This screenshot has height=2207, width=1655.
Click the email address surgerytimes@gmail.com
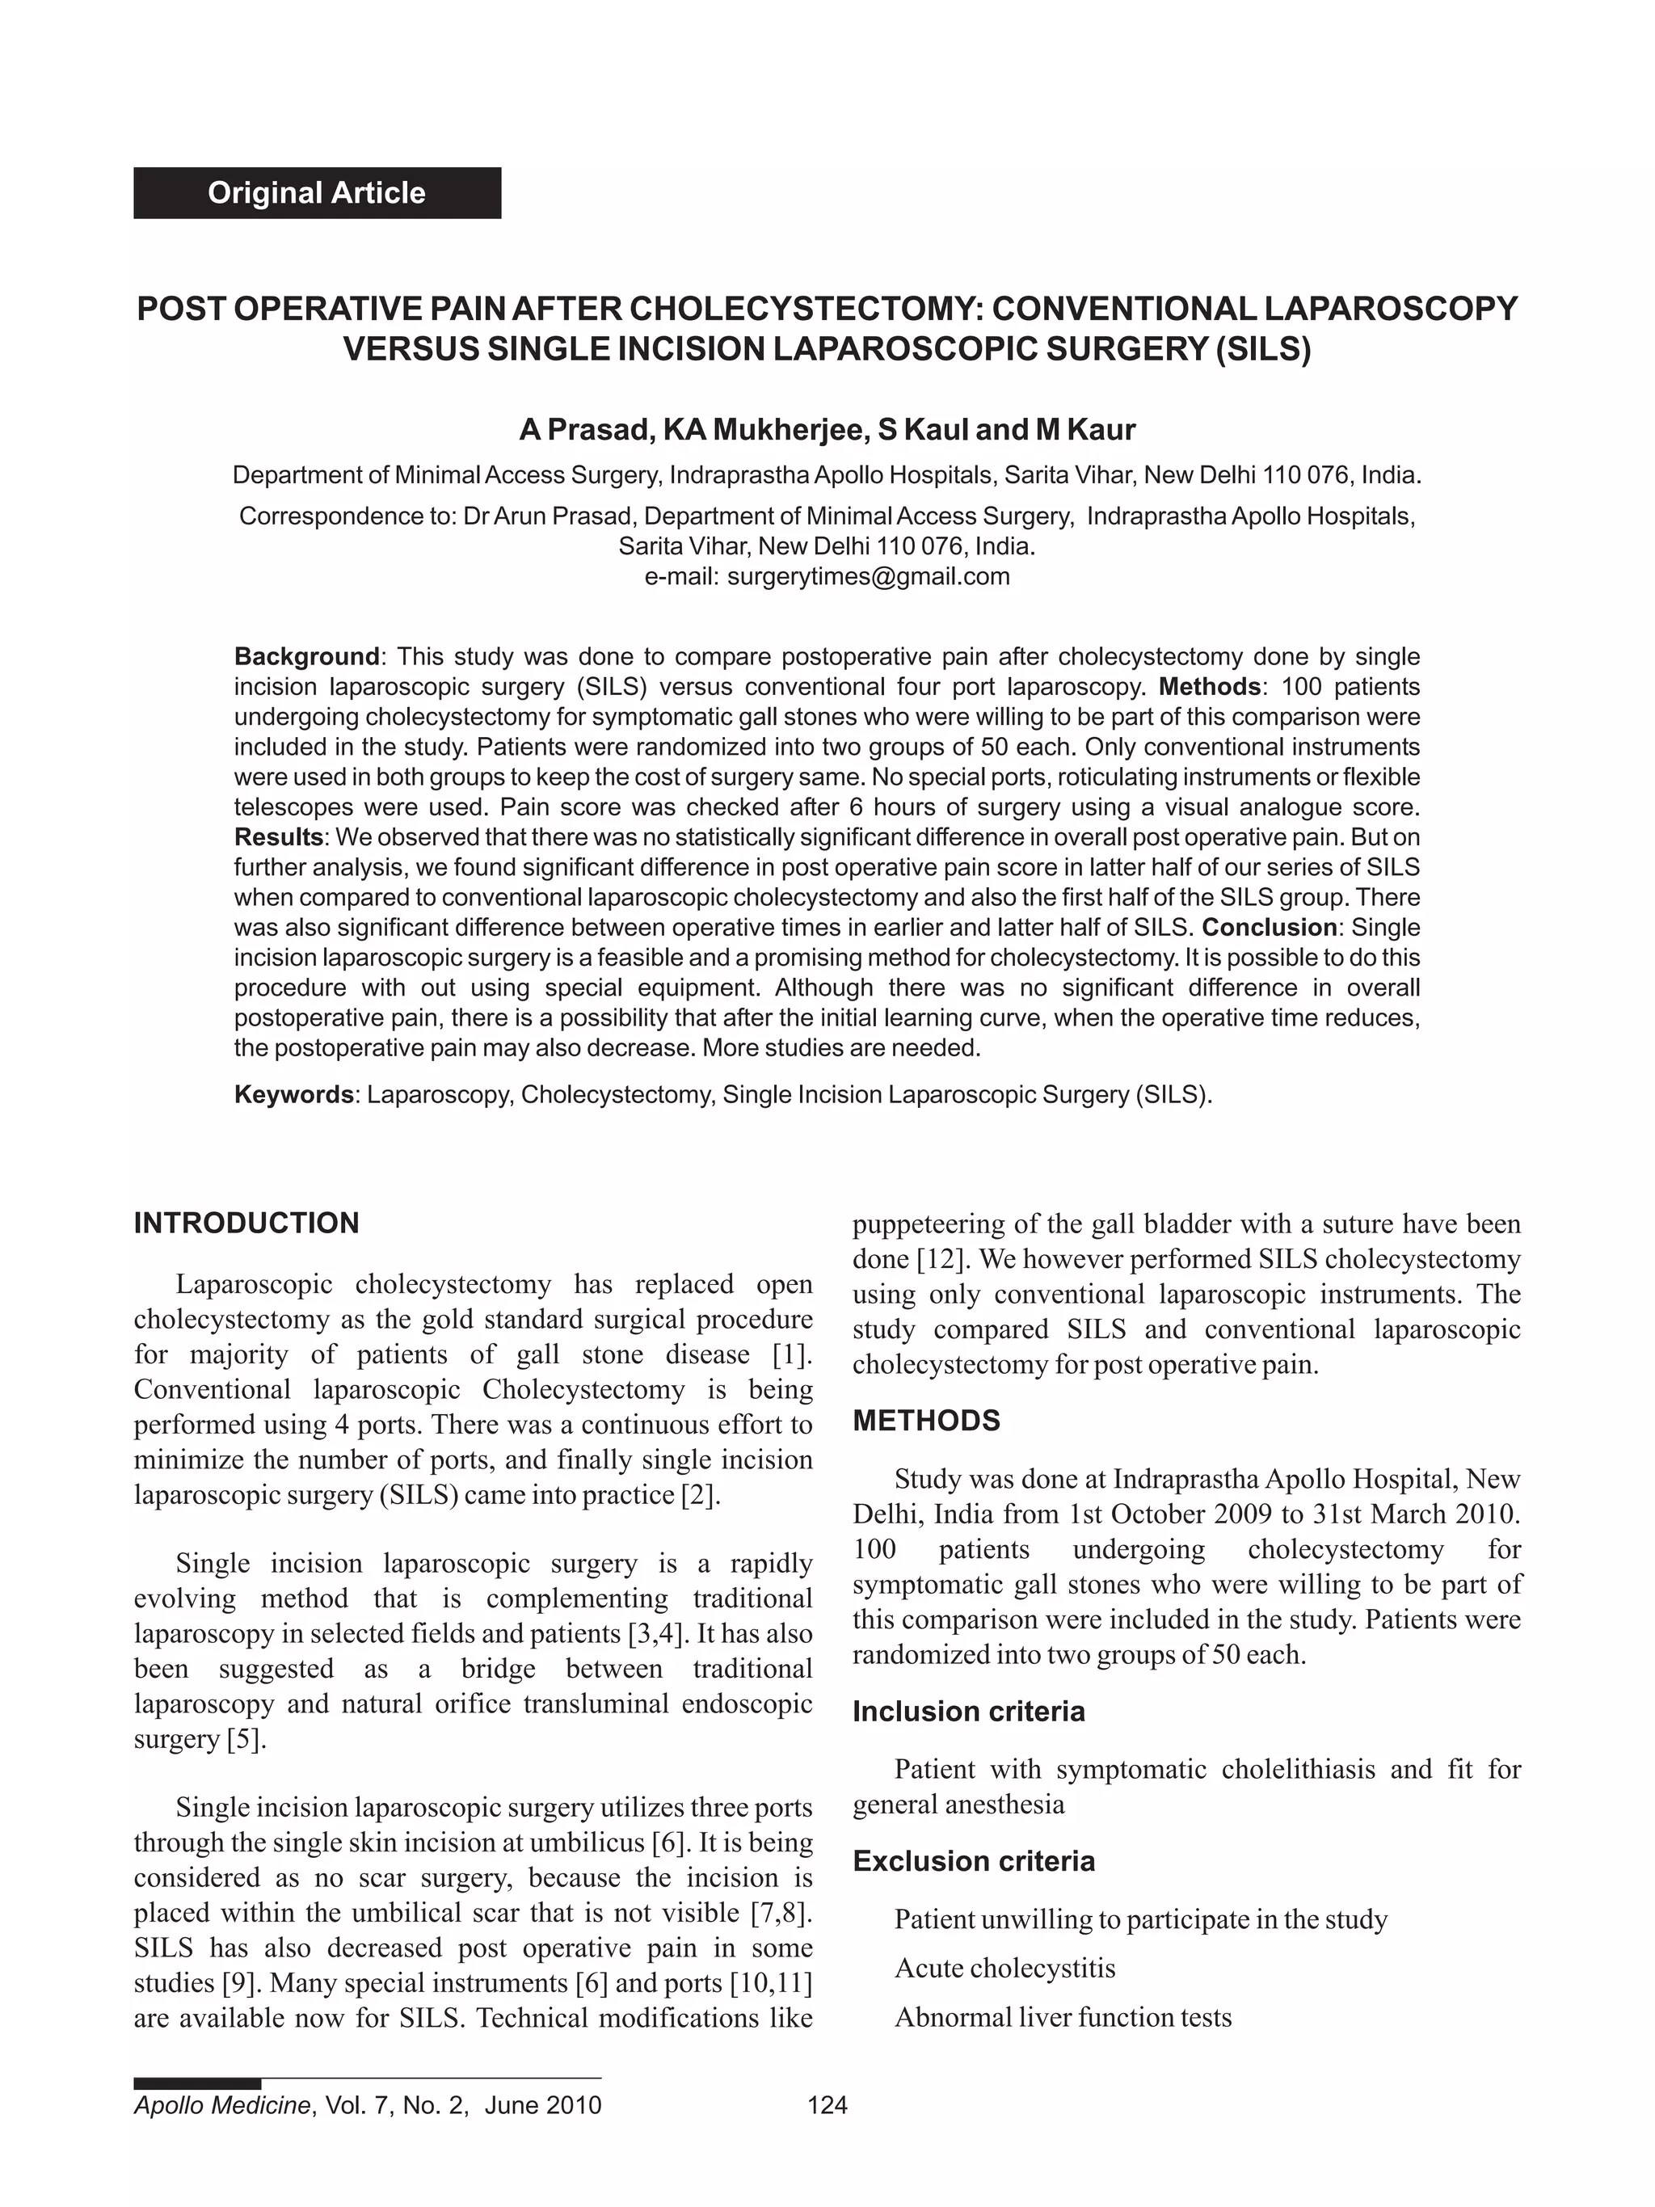pyautogui.click(x=868, y=577)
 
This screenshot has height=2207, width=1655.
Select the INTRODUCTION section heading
pyautogui.click(x=246, y=1224)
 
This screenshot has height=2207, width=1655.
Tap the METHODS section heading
pyautogui.click(x=926, y=1421)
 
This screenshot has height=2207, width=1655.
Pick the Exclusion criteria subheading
pyautogui.click(x=973, y=1861)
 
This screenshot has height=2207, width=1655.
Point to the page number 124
pyautogui.click(x=827, y=2105)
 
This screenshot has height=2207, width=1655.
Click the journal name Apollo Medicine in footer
pyautogui.click(x=221, y=2105)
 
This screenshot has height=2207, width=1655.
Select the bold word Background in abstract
pyautogui.click(x=306, y=656)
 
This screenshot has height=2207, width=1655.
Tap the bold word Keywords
pyautogui.click(x=293, y=1094)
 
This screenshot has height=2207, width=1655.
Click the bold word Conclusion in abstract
pyautogui.click(x=1269, y=927)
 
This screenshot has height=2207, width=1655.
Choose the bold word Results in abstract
pyautogui.click(x=278, y=836)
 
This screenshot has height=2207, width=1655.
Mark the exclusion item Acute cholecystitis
pyautogui.click(x=1004, y=1968)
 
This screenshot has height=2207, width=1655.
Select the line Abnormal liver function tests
pyautogui.click(x=1063, y=2016)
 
